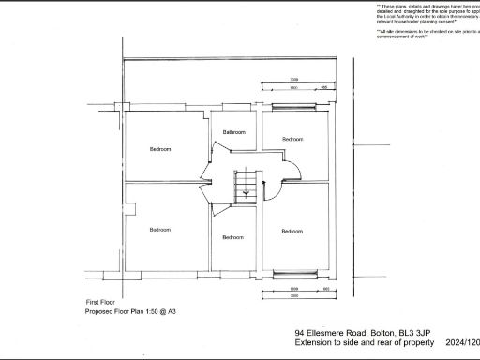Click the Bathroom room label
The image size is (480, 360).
pos(233,133)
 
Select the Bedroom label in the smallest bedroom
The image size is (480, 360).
pos(232,237)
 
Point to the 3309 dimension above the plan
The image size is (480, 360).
pos(293,79)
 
